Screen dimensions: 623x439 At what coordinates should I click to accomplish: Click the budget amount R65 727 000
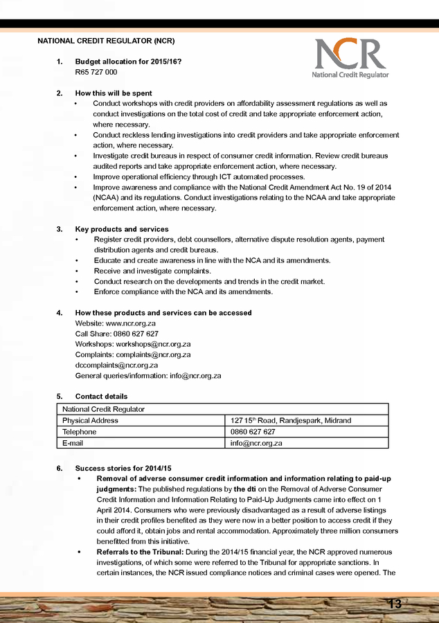96,72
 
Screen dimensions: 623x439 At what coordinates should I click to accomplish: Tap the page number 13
395,604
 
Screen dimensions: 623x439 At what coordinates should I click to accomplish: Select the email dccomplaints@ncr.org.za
116,365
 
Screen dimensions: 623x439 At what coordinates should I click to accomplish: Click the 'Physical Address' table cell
90,420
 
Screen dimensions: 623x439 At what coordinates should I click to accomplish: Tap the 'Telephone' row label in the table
79,432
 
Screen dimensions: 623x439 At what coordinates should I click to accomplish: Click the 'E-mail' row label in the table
73,443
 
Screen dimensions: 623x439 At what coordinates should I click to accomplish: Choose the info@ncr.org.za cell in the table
256,443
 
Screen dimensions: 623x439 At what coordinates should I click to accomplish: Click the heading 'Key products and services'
121,229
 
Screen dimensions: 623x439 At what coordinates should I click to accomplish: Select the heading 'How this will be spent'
114,93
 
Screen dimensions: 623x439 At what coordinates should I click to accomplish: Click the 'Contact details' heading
101,397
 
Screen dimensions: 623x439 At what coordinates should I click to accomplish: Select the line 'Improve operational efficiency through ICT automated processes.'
199,177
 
